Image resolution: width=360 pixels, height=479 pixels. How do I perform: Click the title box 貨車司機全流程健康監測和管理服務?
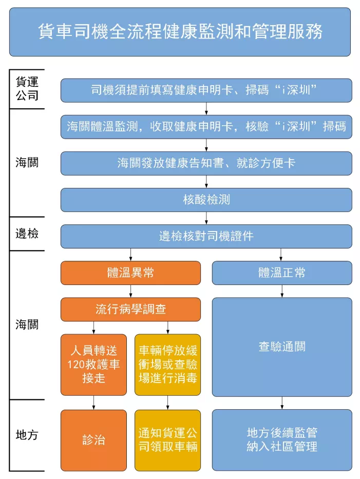click(180, 32)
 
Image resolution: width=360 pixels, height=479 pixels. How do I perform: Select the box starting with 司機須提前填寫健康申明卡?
click(206, 90)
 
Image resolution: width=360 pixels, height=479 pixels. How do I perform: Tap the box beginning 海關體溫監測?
click(206, 127)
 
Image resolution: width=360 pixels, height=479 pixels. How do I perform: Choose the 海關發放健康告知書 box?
click(206, 163)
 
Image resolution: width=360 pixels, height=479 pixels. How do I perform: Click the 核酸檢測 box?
click(206, 200)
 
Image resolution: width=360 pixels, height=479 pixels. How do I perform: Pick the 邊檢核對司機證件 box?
click(206, 237)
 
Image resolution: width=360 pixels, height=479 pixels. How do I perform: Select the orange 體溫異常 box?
click(130, 273)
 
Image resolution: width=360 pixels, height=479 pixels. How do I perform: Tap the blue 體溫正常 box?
click(282, 273)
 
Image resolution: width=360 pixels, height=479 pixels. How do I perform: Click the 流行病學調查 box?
click(130, 310)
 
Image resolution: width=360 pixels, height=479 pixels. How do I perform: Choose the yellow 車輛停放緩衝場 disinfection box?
click(168, 365)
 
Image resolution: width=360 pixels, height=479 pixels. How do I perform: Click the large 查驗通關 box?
click(282, 347)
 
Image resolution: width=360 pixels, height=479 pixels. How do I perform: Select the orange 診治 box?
click(93, 440)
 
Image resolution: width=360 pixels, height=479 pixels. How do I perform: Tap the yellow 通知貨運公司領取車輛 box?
click(168, 440)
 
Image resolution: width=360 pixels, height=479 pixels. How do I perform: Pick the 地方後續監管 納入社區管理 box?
click(282, 440)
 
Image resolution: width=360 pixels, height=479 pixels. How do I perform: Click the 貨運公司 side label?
click(27, 89)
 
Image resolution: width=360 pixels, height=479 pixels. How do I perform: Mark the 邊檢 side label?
click(27, 234)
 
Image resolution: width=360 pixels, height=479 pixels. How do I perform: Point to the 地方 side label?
click(27, 435)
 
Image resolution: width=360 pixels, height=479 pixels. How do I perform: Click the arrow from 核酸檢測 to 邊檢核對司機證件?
click(206, 218)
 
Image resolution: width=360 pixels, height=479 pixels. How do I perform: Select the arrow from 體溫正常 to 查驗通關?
click(282, 291)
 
